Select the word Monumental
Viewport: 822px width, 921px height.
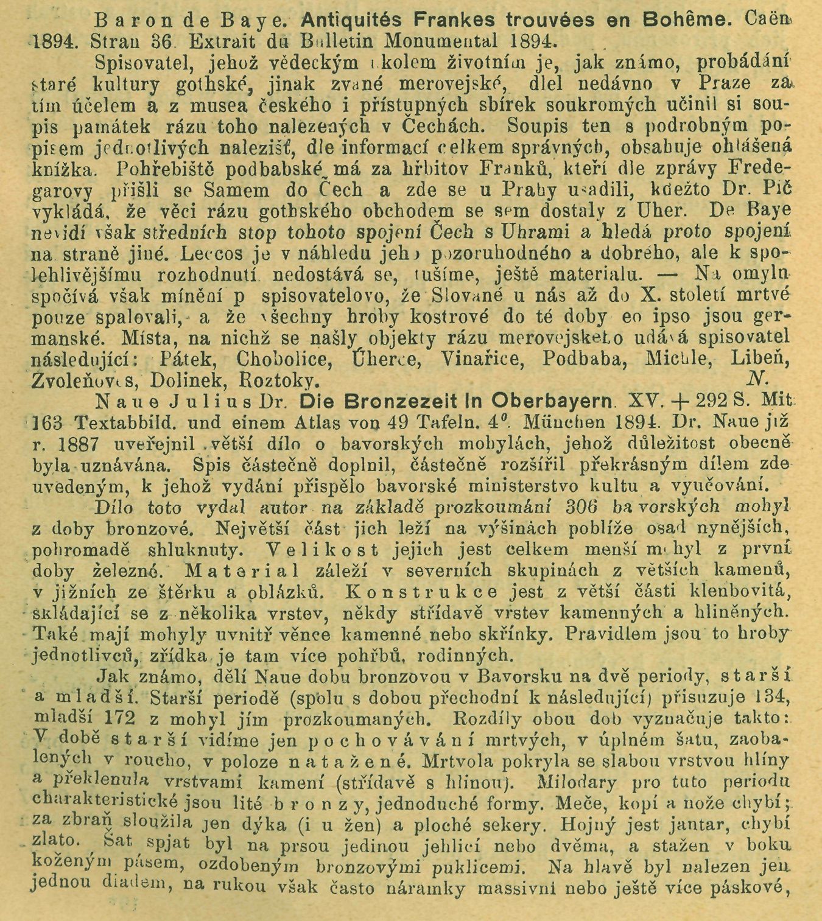click(457, 41)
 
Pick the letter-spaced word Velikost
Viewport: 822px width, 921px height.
click(323, 549)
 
